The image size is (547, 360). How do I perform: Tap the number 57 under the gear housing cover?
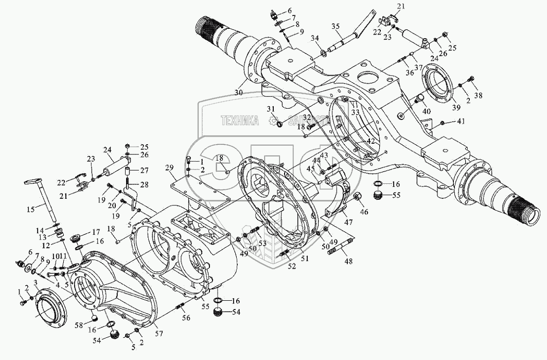pos(160,334)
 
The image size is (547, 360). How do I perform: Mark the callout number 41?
pos(461,122)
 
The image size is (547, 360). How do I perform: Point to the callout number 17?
pos(96,232)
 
